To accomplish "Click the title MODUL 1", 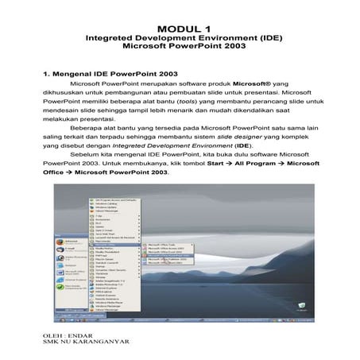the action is coord(180,28).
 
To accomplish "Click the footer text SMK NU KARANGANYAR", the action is coord(84,344).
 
